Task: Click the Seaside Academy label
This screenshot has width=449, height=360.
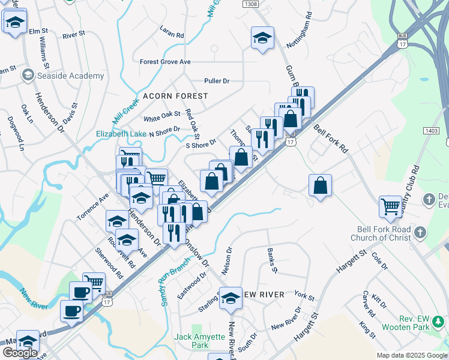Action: click(70, 76)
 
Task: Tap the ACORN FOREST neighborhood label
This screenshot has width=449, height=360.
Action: click(175, 96)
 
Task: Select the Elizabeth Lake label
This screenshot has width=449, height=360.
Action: click(121, 134)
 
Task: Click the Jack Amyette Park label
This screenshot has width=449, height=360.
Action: click(200, 341)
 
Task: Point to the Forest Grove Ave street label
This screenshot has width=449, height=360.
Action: click(165, 62)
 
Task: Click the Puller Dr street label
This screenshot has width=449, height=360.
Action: click(217, 80)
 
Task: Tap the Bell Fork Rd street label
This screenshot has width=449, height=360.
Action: click(331, 137)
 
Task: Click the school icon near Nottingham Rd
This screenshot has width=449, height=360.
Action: click(262, 37)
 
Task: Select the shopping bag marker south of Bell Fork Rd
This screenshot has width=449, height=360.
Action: click(321, 185)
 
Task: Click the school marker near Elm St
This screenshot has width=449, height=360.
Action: click(14, 22)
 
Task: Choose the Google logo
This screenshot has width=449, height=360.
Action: click(19, 353)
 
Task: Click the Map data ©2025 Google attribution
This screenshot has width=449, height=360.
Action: click(412, 355)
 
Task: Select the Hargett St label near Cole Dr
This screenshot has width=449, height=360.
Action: click(351, 262)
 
